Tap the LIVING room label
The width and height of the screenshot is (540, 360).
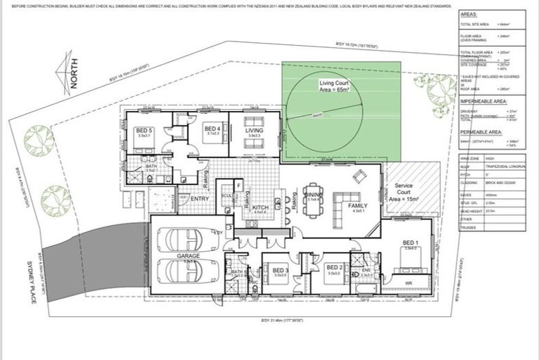[x=254, y=130]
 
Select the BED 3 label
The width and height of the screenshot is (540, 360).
[x=280, y=270]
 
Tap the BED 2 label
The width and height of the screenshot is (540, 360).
[x=334, y=268]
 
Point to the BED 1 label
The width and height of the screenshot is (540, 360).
[x=411, y=243]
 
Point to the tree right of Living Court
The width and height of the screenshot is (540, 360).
[x=441, y=90]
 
